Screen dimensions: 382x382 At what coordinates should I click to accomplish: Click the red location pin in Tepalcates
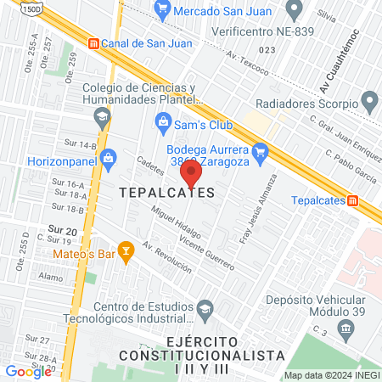(191, 174)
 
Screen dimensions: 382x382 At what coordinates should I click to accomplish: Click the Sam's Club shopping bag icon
(163, 124)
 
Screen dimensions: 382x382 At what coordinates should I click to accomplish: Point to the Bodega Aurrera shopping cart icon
(261, 152)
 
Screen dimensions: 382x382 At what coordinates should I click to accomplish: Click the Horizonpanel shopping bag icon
(108, 158)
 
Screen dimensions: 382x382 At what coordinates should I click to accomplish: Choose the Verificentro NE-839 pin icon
(295, 11)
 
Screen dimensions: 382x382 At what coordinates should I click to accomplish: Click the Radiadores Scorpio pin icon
(368, 104)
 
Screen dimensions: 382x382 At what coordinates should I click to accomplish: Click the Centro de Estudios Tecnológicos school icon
(205, 307)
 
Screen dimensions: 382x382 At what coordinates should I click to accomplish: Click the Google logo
(28, 371)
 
